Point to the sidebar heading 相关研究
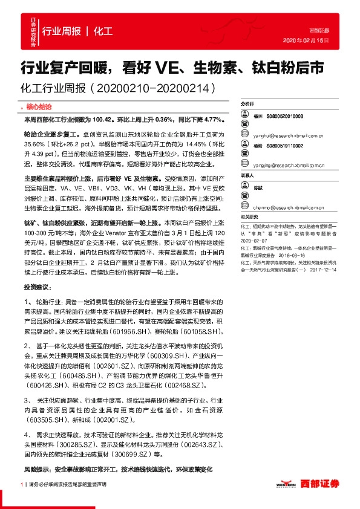click(248, 216)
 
